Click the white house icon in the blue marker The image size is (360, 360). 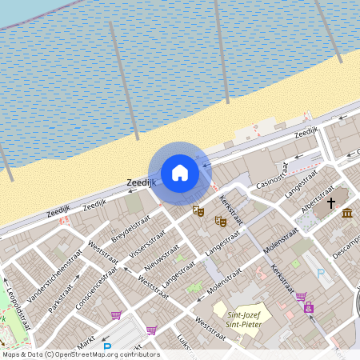click(180, 173)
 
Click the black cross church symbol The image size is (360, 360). click(331, 202)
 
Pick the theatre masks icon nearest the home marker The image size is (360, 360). click(198, 211)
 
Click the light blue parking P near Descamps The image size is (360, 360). click(322, 274)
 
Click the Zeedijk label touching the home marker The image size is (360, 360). click(140, 183)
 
